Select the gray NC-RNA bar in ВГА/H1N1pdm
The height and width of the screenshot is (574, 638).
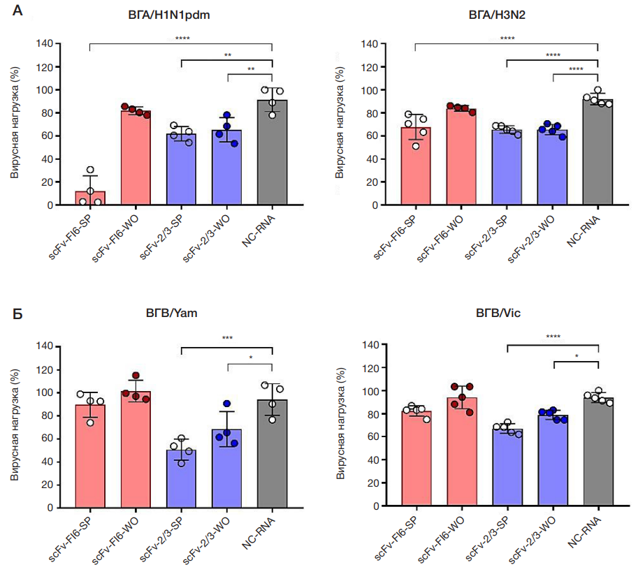point(272,154)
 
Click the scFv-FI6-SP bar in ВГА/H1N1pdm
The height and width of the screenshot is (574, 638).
point(90,198)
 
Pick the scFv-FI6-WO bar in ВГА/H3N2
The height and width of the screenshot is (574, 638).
point(461,158)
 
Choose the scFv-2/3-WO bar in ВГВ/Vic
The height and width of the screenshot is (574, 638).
point(552,462)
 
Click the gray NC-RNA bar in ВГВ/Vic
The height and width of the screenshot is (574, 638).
point(598,453)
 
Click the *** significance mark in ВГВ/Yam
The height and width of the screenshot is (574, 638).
point(227,338)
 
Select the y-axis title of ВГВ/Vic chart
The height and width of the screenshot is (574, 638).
point(340,427)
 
